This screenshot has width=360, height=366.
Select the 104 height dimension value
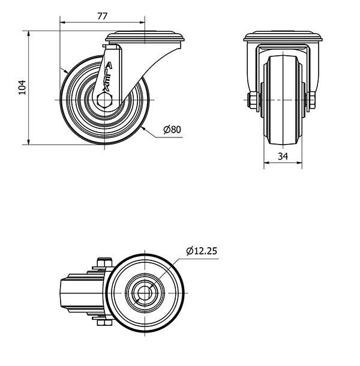22,88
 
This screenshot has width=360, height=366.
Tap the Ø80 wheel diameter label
172,129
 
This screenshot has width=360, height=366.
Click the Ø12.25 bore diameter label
201,251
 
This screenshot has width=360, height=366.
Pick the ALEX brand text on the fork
107,77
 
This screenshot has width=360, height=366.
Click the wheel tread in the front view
282,99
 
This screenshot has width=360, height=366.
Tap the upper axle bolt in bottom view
103,262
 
